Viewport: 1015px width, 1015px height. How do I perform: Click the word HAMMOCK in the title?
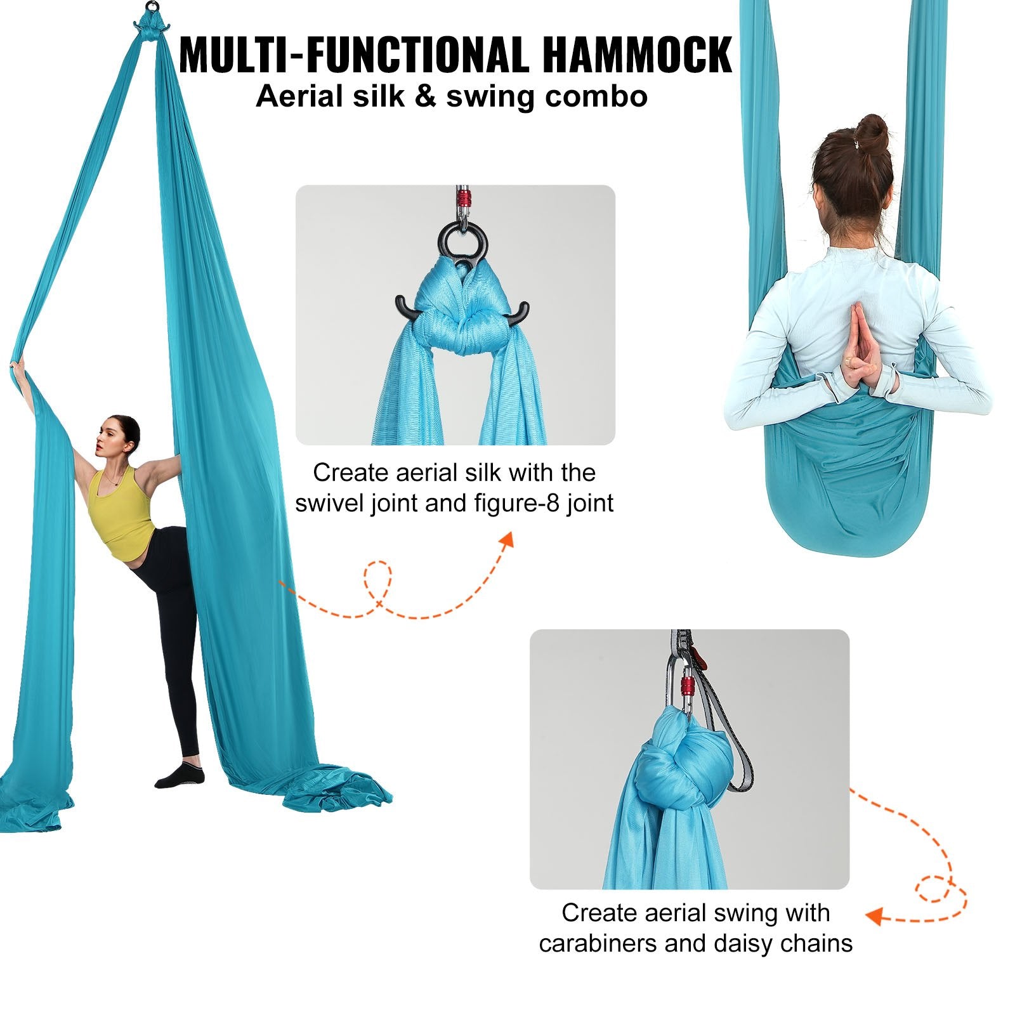[x=637, y=56]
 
